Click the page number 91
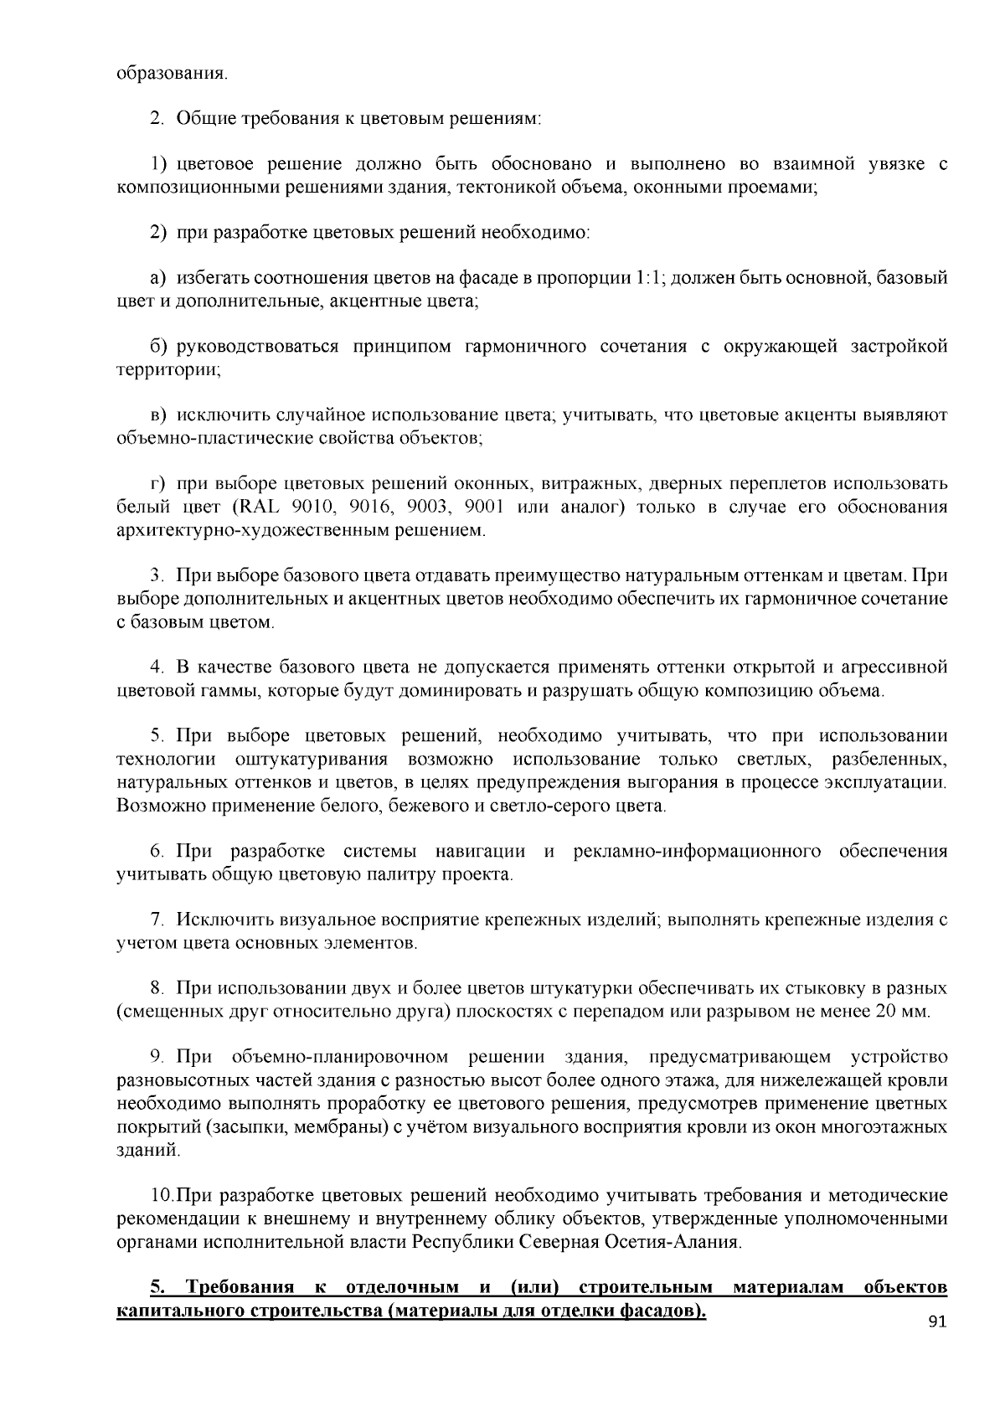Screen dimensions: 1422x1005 (x=936, y=1322)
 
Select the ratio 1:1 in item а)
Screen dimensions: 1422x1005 (x=649, y=278)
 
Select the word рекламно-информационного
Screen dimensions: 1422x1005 (x=697, y=852)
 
